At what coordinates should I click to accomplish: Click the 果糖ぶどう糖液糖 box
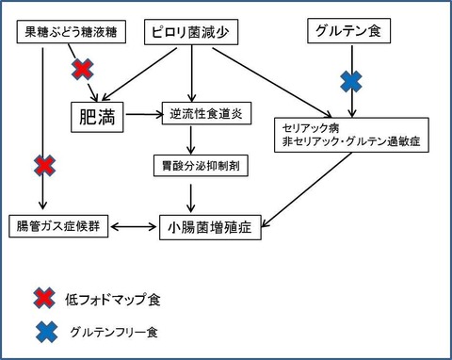72,32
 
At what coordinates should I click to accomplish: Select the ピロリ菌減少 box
191,32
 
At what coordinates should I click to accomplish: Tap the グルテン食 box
348,31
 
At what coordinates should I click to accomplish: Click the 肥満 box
97,117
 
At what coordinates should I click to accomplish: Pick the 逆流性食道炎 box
206,113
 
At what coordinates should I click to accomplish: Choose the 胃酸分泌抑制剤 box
201,165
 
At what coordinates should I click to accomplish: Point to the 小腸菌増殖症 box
210,227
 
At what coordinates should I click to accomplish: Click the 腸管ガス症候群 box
58,226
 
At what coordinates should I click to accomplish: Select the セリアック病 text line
311,128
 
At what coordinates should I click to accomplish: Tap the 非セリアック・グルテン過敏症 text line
351,141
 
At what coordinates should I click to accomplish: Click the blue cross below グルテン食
351,81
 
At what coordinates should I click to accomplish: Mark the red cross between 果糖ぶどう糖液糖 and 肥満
83,69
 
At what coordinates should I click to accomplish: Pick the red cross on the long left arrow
44,165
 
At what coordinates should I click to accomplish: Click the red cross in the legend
44,298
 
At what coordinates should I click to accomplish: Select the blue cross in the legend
46,332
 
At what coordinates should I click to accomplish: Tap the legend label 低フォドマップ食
113,300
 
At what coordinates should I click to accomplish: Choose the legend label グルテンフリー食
114,332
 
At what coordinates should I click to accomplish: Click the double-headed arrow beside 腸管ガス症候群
134,226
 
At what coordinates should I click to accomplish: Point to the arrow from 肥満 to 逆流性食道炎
144,115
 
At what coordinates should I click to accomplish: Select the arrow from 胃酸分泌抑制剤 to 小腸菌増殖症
190,198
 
